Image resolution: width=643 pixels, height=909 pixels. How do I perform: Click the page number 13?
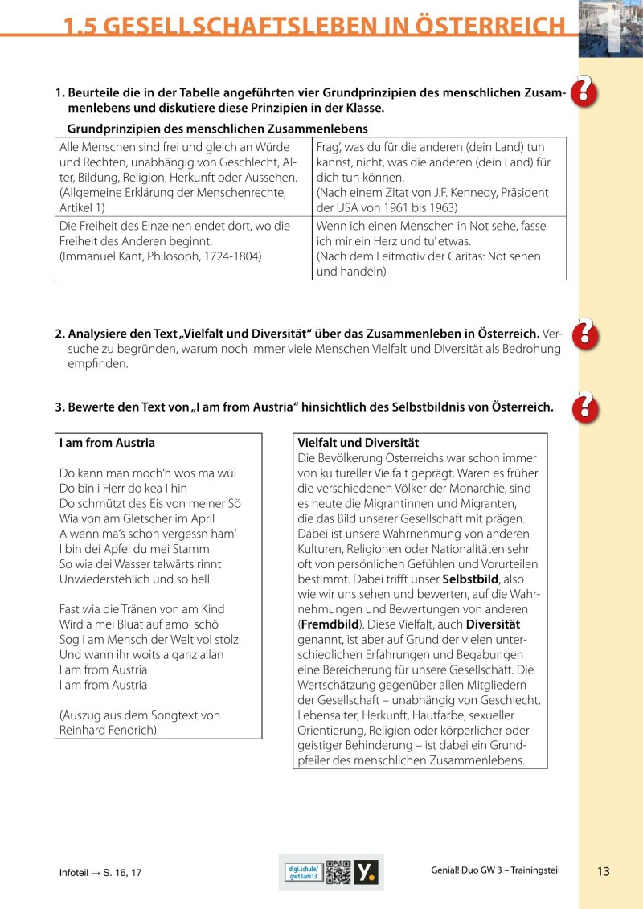click(x=604, y=871)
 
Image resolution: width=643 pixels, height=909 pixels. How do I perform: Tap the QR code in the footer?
click(x=340, y=872)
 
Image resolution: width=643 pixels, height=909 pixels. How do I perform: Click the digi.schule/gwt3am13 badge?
click(x=305, y=872)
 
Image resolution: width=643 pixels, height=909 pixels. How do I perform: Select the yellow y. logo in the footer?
click(x=366, y=872)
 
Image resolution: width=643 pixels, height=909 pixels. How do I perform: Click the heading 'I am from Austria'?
click(x=107, y=443)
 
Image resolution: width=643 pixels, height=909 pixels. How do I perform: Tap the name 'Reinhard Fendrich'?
click(x=108, y=730)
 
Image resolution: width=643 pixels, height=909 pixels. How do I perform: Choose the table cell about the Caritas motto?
click(x=439, y=248)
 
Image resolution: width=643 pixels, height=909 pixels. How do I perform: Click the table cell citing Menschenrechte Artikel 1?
click(x=183, y=177)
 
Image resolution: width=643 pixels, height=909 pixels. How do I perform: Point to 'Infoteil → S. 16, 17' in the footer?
click(x=100, y=872)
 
